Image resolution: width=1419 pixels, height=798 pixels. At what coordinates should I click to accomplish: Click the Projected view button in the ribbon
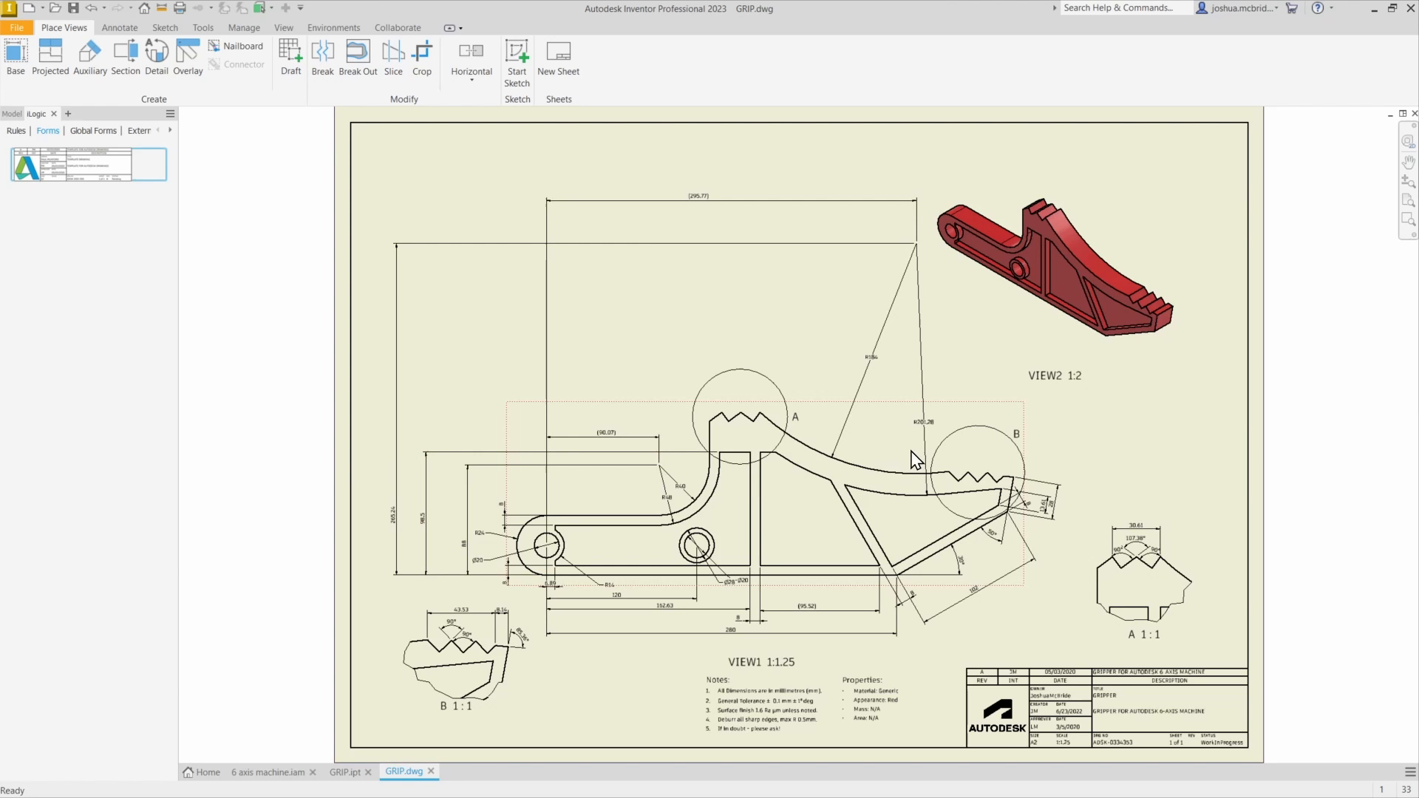[x=50, y=58]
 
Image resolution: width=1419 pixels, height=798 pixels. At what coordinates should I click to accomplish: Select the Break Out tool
[x=358, y=58]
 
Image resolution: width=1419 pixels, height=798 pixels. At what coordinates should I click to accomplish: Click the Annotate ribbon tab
[x=120, y=27]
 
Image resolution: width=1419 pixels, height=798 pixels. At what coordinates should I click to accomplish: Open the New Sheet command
[x=558, y=58]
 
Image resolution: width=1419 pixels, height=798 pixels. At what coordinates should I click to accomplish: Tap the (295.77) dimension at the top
[x=698, y=196]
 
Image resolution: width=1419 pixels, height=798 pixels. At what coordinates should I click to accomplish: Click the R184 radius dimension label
[x=871, y=357]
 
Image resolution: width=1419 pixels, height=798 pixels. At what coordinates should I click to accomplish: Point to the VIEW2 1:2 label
[x=1055, y=375]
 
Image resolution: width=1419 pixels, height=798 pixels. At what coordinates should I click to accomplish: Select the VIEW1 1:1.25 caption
[x=761, y=662]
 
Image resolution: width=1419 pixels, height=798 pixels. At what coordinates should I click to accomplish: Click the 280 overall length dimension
[x=730, y=630]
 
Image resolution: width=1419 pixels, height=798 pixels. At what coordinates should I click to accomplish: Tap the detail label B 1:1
[x=456, y=706]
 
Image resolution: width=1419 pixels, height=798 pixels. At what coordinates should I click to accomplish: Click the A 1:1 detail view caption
[x=1144, y=634]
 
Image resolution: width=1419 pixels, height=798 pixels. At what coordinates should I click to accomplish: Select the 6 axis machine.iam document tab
[x=268, y=772]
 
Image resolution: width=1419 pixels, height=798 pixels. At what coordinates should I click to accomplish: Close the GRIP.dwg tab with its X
[x=431, y=771]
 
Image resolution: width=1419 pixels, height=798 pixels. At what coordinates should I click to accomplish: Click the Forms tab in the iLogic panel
[x=47, y=131]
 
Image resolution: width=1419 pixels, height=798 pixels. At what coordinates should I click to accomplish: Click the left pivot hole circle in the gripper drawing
[x=547, y=546]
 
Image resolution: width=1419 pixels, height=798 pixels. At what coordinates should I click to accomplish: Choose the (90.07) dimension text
[x=606, y=432]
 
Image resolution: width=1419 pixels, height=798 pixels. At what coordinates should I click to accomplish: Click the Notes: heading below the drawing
[x=717, y=680]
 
